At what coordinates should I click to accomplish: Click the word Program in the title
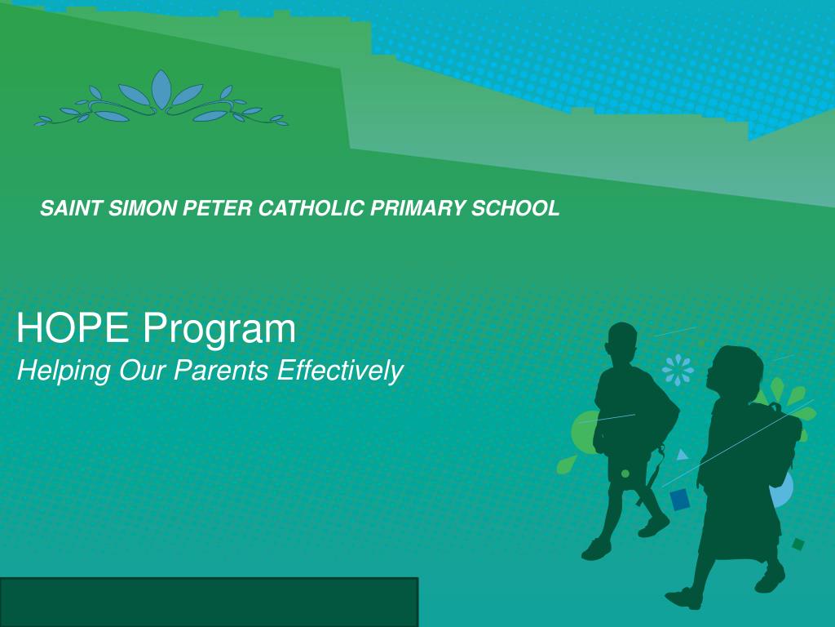point(220,329)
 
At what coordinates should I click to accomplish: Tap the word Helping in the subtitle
point(64,371)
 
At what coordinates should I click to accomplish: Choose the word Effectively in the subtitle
point(340,371)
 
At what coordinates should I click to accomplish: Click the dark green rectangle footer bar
point(209,602)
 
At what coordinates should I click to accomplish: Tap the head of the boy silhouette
point(622,342)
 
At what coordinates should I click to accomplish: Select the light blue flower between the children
point(678,371)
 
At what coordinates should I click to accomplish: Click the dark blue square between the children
point(679,499)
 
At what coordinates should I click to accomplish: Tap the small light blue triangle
point(682,455)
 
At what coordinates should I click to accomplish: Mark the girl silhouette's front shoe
point(683,598)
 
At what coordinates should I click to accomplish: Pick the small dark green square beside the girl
point(797,544)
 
